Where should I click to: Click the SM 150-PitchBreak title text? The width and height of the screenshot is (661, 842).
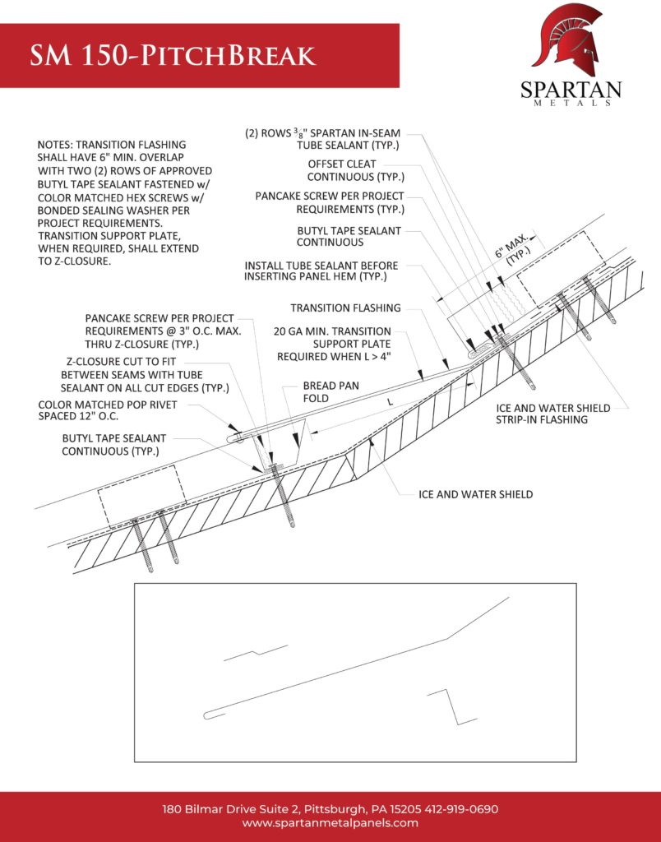coord(173,56)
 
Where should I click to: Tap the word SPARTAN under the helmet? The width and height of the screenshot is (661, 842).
coord(571,89)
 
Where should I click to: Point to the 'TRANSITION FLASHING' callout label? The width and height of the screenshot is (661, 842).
coord(345,308)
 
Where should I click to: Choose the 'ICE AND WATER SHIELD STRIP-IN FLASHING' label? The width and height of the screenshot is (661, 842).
coord(552,414)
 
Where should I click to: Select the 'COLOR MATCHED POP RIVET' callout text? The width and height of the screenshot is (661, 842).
coord(107,405)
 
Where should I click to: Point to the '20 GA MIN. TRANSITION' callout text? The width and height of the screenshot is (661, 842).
coord(332,331)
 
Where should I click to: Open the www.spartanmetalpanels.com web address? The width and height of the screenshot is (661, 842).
coord(330,823)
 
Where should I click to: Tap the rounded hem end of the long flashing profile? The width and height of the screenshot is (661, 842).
coord(210,715)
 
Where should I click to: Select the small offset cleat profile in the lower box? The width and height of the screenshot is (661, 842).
coord(255,653)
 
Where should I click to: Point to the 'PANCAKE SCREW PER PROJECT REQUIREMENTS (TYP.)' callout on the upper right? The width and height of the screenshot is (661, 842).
coord(329,202)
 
